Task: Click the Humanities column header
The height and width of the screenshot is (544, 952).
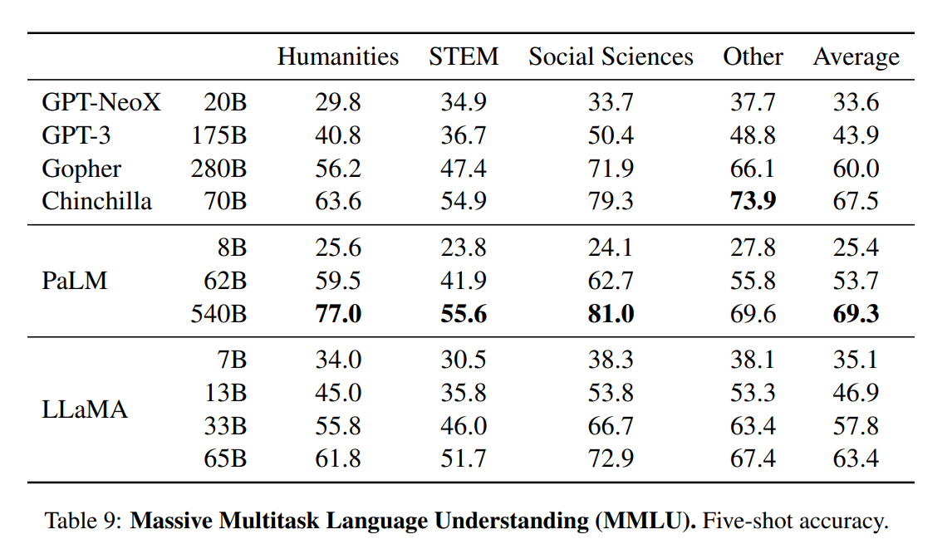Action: pyautogui.click(x=337, y=56)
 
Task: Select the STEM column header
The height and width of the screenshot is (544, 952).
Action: pyautogui.click(x=464, y=56)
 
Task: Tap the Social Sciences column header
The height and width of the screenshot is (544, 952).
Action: pyautogui.click(x=611, y=56)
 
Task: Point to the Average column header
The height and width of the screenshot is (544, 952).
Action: pyautogui.click(x=856, y=56)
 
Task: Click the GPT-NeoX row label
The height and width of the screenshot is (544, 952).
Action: pyautogui.click(x=101, y=103)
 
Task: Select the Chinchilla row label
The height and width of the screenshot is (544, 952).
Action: pyautogui.click(x=96, y=201)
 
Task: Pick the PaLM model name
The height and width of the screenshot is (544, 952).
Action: pyautogui.click(x=75, y=281)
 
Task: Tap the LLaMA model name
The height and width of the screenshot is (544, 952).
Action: pyautogui.click(x=85, y=409)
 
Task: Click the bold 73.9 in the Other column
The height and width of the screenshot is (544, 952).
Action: pyautogui.click(x=752, y=201)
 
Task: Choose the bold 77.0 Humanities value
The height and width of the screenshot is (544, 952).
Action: pyautogui.click(x=338, y=314)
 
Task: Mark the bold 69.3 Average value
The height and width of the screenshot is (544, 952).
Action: pyautogui.click(x=856, y=314)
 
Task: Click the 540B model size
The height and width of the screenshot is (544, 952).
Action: pyautogui.click(x=218, y=314)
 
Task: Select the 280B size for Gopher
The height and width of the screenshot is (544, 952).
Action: pyautogui.click(x=218, y=169)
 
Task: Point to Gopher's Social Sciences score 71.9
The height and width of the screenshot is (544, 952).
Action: pyautogui.click(x=611, y=169)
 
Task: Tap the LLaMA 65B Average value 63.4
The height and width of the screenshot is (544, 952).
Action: pyautogui.click(x=856, y=458)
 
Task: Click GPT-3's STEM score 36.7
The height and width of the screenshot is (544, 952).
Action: pyautogui.click(x=464, y=135)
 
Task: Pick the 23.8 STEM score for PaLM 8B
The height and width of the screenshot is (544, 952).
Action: pyautogui.click(x=464, y=248)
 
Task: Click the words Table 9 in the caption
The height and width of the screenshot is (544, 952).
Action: pyautogui.click(x=83, y=522)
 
